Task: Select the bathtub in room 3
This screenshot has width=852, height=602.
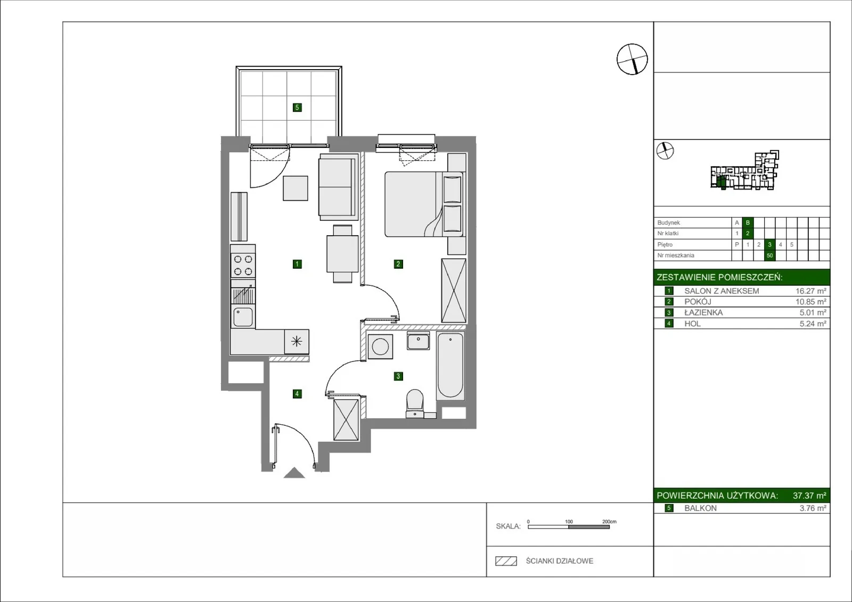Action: (450, 366)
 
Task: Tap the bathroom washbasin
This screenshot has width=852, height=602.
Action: (418, 340)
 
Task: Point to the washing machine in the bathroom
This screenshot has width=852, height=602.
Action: (380, 347)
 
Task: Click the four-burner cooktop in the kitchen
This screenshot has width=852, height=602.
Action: (243, 266)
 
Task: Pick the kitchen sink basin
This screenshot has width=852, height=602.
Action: (243, 317)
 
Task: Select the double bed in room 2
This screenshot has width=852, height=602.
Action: (424, 204)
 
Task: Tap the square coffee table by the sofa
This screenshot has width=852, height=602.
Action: (296, 188)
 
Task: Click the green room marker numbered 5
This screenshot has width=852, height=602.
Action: (297, 108)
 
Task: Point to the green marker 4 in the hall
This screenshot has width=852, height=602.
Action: (297, 393)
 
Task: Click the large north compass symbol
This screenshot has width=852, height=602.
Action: (632, 59)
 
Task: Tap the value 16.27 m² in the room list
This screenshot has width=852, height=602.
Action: (811, 291)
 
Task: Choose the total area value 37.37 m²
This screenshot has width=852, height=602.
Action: (809, 496)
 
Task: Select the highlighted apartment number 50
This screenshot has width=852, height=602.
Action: (770, 255)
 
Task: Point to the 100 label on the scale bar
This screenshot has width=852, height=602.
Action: (569, 522)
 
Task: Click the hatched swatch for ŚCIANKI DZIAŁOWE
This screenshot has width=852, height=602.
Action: (506, 561)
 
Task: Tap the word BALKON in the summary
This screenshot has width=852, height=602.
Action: (700, 508)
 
